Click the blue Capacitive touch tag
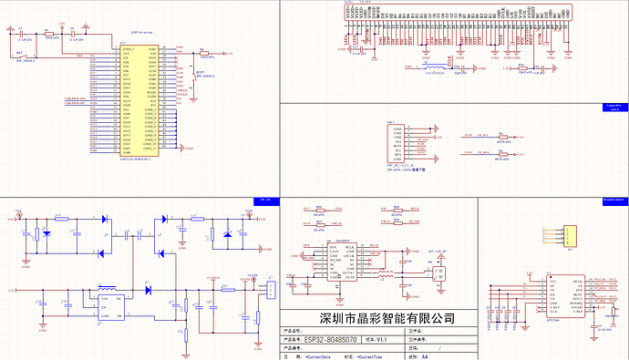pos(612,106)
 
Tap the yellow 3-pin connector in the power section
pos(271,291)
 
